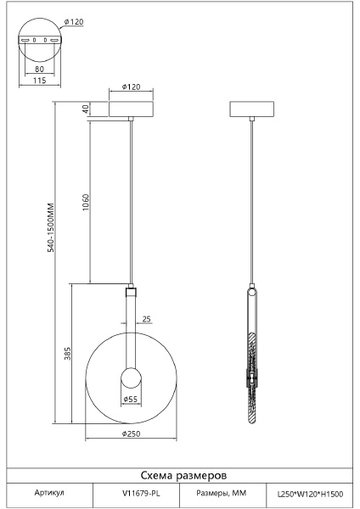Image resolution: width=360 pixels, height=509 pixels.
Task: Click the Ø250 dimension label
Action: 132,433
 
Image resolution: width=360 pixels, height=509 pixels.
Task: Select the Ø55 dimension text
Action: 131,400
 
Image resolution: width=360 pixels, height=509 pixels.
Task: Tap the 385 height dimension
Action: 67,354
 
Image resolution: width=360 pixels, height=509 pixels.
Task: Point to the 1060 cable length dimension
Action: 86,202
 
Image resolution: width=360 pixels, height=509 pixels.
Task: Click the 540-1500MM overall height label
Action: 51,227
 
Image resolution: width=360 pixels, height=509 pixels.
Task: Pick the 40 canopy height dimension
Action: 86,109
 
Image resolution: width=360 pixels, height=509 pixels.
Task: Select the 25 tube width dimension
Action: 147,319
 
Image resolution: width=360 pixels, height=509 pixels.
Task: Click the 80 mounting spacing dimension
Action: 39,69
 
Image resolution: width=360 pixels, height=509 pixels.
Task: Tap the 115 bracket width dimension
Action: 40,81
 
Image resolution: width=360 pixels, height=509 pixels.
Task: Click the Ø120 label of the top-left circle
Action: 74,22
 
